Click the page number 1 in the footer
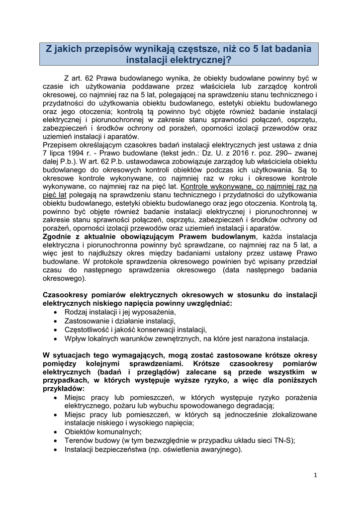click(315, 475)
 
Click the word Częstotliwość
click(88, 330)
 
